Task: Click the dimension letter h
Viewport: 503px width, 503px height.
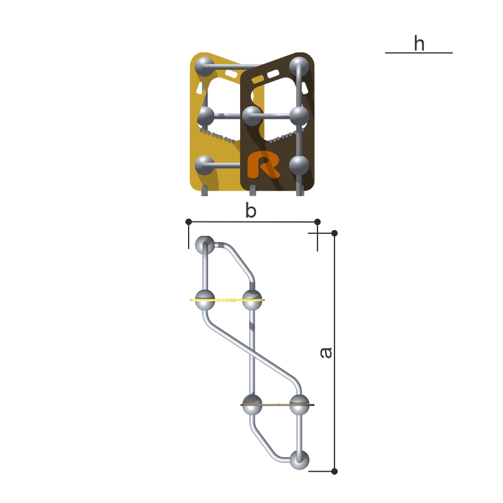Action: [x=419, y=43]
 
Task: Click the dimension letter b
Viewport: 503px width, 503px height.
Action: [x=251, y=210]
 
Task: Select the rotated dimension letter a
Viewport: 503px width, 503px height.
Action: [x=326, y=352]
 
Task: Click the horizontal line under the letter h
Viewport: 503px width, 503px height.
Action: [x=419, y=53]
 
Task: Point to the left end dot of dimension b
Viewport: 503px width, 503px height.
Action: [x=189, y=222]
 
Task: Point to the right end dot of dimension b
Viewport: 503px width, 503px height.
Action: [x=318, y=222]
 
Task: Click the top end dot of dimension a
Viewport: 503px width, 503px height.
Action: [x=334, y=233]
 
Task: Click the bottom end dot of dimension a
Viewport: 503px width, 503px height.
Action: [x=334, y=471]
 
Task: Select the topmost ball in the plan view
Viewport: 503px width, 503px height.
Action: [x=205, y=245]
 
